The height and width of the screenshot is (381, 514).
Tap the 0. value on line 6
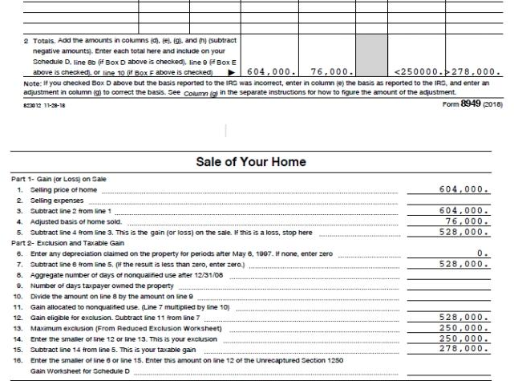click(482, 253)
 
